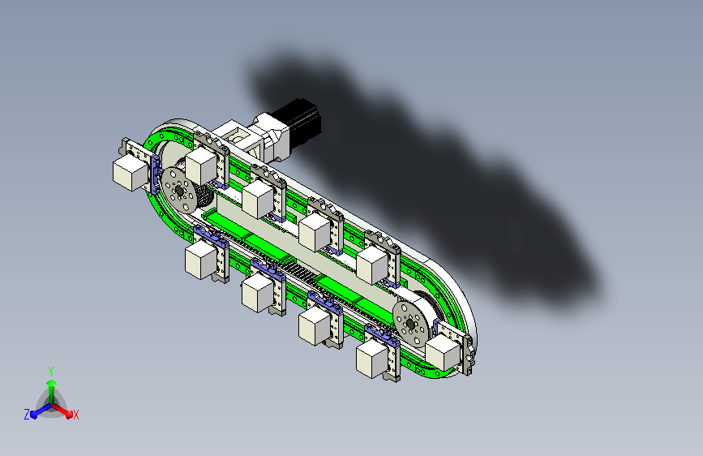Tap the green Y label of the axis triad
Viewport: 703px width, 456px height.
tap(51, 372)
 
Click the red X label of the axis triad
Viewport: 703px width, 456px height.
tap(75, 415)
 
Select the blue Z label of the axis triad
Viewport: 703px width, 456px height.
tap(27, 415)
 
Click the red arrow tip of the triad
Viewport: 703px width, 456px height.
tap(69, 413)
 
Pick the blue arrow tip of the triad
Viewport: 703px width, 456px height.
tap(35, 415)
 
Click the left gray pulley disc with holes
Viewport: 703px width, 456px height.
tap(178, 191)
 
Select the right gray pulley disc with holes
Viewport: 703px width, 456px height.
tap(410, 324)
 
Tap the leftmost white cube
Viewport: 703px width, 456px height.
tap(130, 173)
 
